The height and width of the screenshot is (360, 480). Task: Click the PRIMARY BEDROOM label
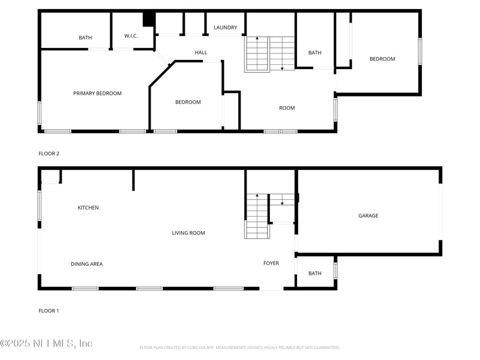(97, 93)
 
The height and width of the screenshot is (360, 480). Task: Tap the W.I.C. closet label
(131, 36)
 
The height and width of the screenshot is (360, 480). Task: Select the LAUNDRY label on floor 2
(225, 28)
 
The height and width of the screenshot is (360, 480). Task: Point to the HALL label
(200, 53)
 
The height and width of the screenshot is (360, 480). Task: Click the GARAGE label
(368, 215)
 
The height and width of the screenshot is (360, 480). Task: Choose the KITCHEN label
(88, 208)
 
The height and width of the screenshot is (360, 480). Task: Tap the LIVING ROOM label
(188, 233)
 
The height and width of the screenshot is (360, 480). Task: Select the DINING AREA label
(86, 264)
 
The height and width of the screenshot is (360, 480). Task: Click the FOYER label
(271, 263)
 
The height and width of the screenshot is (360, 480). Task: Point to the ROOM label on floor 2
(287, 108)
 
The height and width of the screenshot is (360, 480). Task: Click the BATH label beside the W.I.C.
(85, 38)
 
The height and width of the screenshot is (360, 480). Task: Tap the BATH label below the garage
(315, 274)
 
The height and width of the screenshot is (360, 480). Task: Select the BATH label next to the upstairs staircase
(315, 53)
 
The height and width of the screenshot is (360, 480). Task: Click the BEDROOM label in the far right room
(382, 59)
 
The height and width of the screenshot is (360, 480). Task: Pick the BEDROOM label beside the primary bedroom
(188, 102)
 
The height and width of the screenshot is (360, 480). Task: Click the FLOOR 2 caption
(49, 154)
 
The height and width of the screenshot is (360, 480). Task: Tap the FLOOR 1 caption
(49, 311)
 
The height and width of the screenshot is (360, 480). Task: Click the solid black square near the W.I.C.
(148, 19)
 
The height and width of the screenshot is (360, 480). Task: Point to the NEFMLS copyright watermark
(46, 343)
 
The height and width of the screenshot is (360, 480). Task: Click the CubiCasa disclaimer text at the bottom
(240, 347)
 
